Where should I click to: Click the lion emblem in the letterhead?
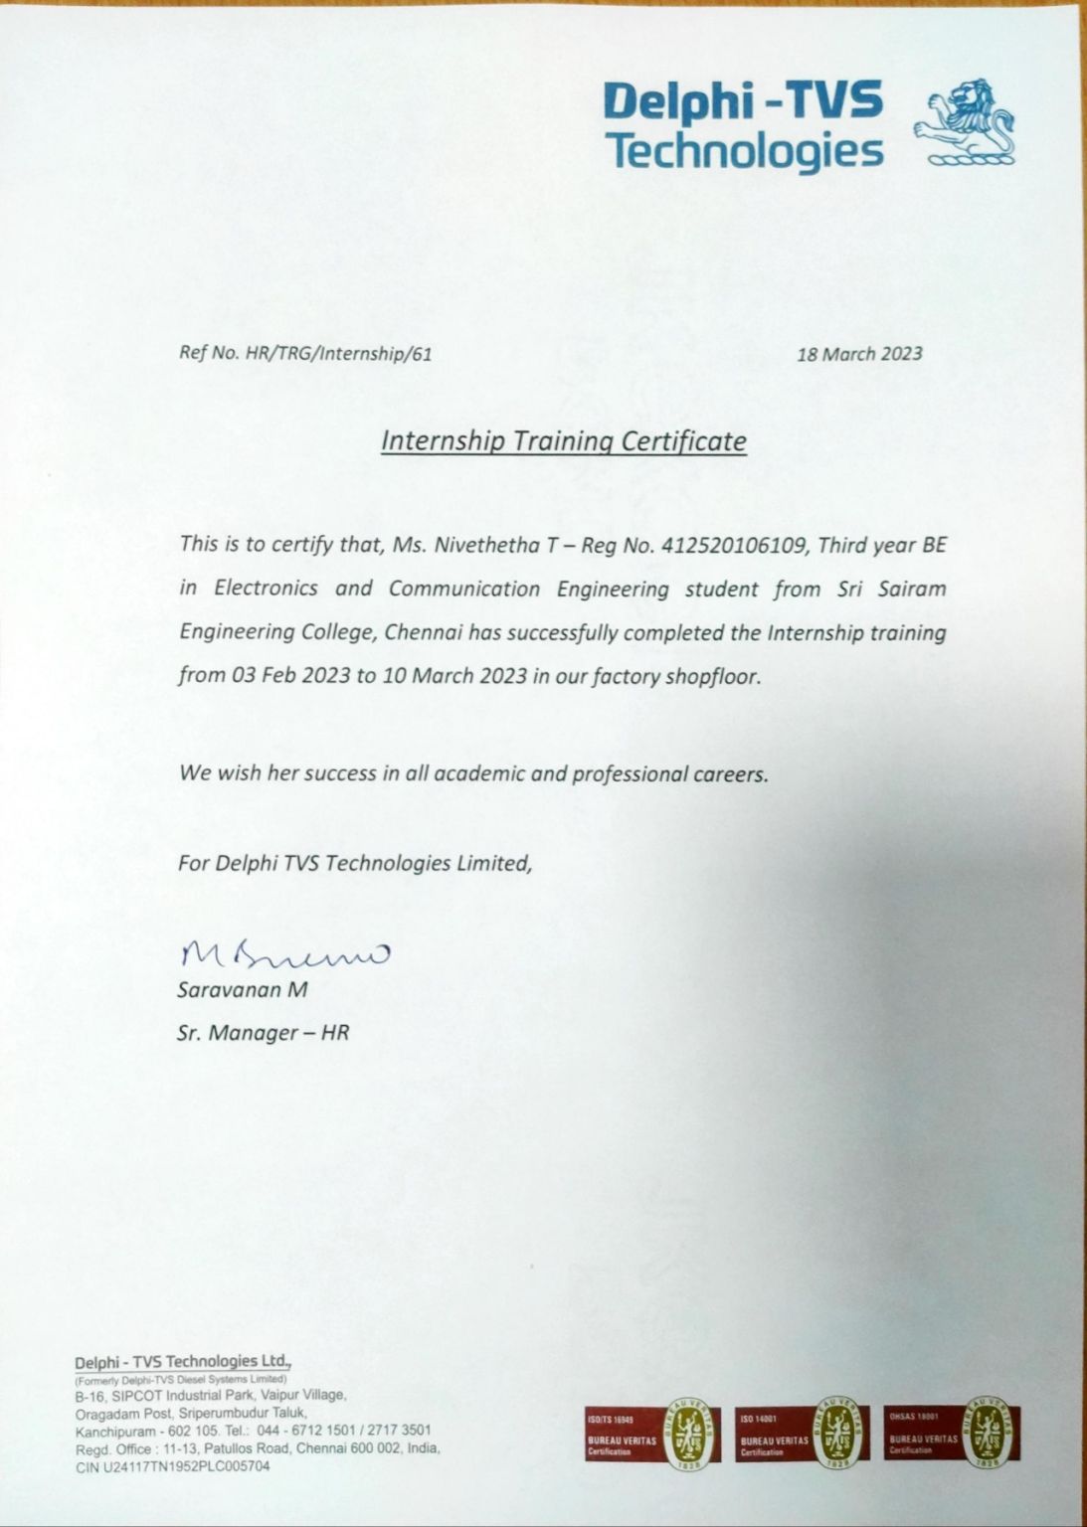click(964, 122)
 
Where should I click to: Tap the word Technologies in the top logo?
click(744, 151)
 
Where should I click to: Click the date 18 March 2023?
click(859, 354)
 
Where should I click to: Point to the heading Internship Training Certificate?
click(563, 440)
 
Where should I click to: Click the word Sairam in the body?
click(912, 589)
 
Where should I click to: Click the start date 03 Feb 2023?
click(290, 676)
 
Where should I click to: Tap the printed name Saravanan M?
click(243, 990)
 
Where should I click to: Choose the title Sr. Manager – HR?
click(263, 1032)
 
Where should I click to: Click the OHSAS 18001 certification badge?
click(952, 1433)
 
